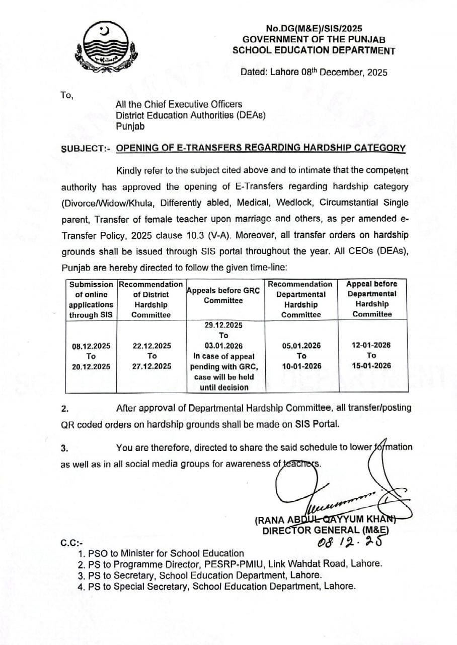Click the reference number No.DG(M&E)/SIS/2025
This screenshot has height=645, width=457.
pos(314,29)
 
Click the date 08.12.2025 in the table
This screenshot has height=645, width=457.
pos(91,346)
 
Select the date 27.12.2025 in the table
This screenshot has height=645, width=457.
pos(151,366)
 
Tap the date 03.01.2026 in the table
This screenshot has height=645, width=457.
pos(223,346)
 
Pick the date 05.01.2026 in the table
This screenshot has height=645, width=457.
pos(301,346)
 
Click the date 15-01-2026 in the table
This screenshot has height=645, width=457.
pos(372,366)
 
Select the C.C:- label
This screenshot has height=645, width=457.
pos(71,543)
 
